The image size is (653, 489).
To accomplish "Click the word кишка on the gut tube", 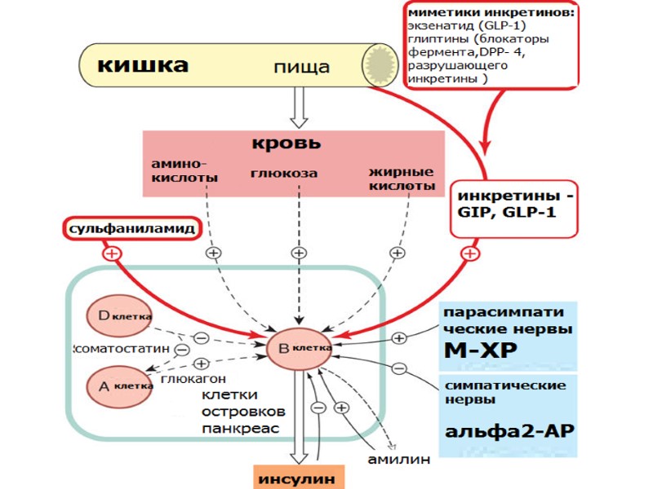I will (x=143, y=64).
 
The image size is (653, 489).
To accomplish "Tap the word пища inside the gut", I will (x=302, y=67).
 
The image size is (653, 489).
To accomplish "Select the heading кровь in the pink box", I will (x=285, y=144).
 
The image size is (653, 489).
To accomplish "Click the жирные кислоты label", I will (x=401, y=178).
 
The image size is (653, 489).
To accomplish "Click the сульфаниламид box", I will (x=131, y=229).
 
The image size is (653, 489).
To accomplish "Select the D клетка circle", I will (x=120, y=318).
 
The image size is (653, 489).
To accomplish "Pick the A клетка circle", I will (x=119, y=384).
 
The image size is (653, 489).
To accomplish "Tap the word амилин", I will (x=398, y=460).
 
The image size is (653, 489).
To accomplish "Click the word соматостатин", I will (x=122, y=348).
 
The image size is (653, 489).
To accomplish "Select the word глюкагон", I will (x=193, y=379).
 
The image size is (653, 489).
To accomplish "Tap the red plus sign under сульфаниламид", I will (x=112, y=253).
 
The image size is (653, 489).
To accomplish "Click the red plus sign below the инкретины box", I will (x=469, y=253).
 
